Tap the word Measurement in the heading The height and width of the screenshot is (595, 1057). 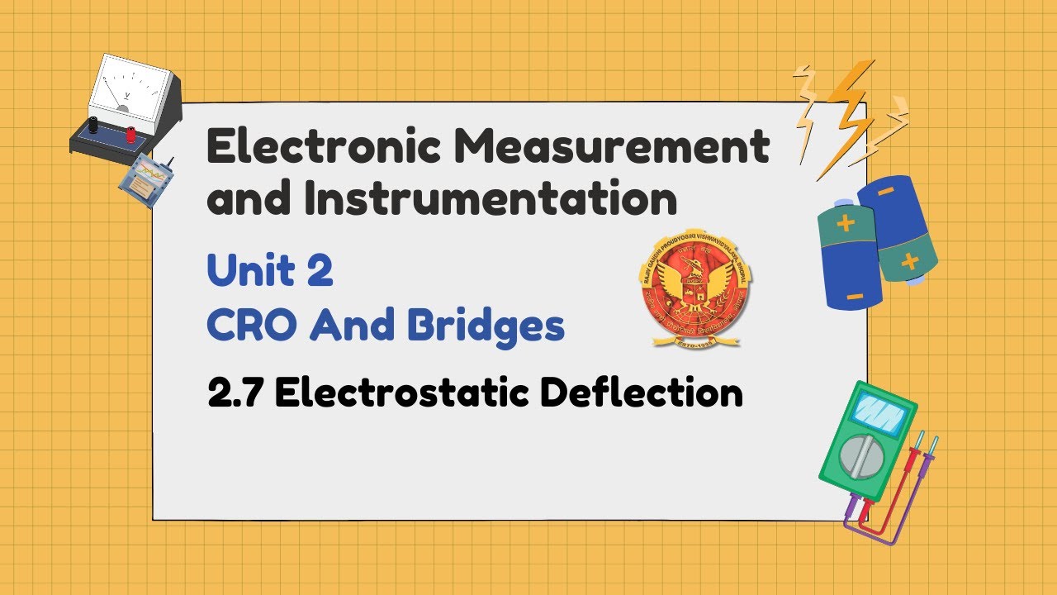tap(608, 147)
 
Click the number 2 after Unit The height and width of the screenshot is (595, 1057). tap(320, 271)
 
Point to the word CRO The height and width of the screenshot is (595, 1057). tap(250, 326)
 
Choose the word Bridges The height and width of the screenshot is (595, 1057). tap(486, 328)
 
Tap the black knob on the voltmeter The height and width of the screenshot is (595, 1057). tap(94, 125)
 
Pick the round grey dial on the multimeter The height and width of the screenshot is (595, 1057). tap(861, 455)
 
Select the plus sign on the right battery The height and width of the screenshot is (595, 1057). tap(909, 261)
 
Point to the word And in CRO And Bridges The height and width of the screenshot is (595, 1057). tap(351, 326)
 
